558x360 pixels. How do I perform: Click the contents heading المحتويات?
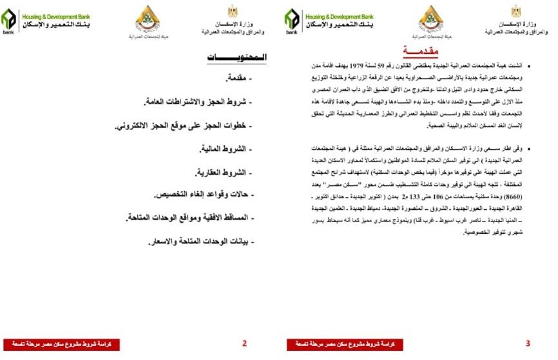237,58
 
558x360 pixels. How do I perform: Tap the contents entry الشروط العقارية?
222,173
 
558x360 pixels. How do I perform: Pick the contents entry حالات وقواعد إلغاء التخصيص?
200,195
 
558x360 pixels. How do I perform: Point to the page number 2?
244,343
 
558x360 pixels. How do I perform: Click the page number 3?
528,343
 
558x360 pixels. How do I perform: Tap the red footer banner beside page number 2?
62,344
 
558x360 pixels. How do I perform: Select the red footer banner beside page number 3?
345,344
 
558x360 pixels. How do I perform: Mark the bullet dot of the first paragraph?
538,66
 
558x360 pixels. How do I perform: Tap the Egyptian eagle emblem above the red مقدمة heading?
516,11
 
